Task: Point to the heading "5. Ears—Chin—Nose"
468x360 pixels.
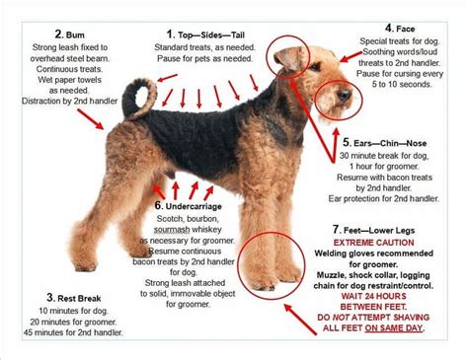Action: [x=393, y=141]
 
